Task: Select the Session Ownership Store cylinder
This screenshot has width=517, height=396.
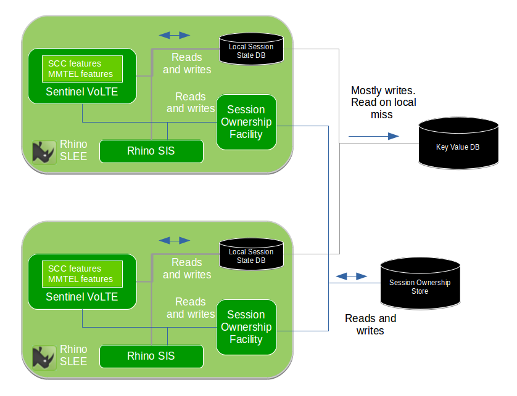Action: coord(420,285)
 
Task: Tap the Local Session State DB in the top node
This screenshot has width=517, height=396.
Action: coord(251,49)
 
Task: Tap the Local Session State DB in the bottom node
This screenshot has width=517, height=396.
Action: coord(251,255)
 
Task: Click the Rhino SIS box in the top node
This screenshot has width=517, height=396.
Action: coord(151,151)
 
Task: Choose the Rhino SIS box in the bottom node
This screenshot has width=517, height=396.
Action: coord(151,356)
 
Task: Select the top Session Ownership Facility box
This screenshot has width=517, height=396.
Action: coord(246,122)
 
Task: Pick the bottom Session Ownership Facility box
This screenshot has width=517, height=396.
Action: coord(246,327)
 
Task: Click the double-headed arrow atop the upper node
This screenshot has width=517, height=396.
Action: coord(175,35)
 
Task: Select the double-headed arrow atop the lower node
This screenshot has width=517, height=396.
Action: coord(175,240)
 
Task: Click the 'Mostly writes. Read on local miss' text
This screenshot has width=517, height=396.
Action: coord(383,102)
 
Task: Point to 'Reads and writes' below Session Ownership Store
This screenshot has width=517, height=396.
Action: coord(370,325)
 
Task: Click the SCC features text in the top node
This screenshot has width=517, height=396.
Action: coord(75,63)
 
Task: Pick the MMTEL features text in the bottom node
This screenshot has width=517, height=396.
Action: coord(81,279)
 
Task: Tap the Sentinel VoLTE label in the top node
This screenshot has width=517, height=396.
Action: coord(82,92)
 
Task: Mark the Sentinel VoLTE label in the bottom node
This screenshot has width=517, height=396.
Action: coord(82,297)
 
